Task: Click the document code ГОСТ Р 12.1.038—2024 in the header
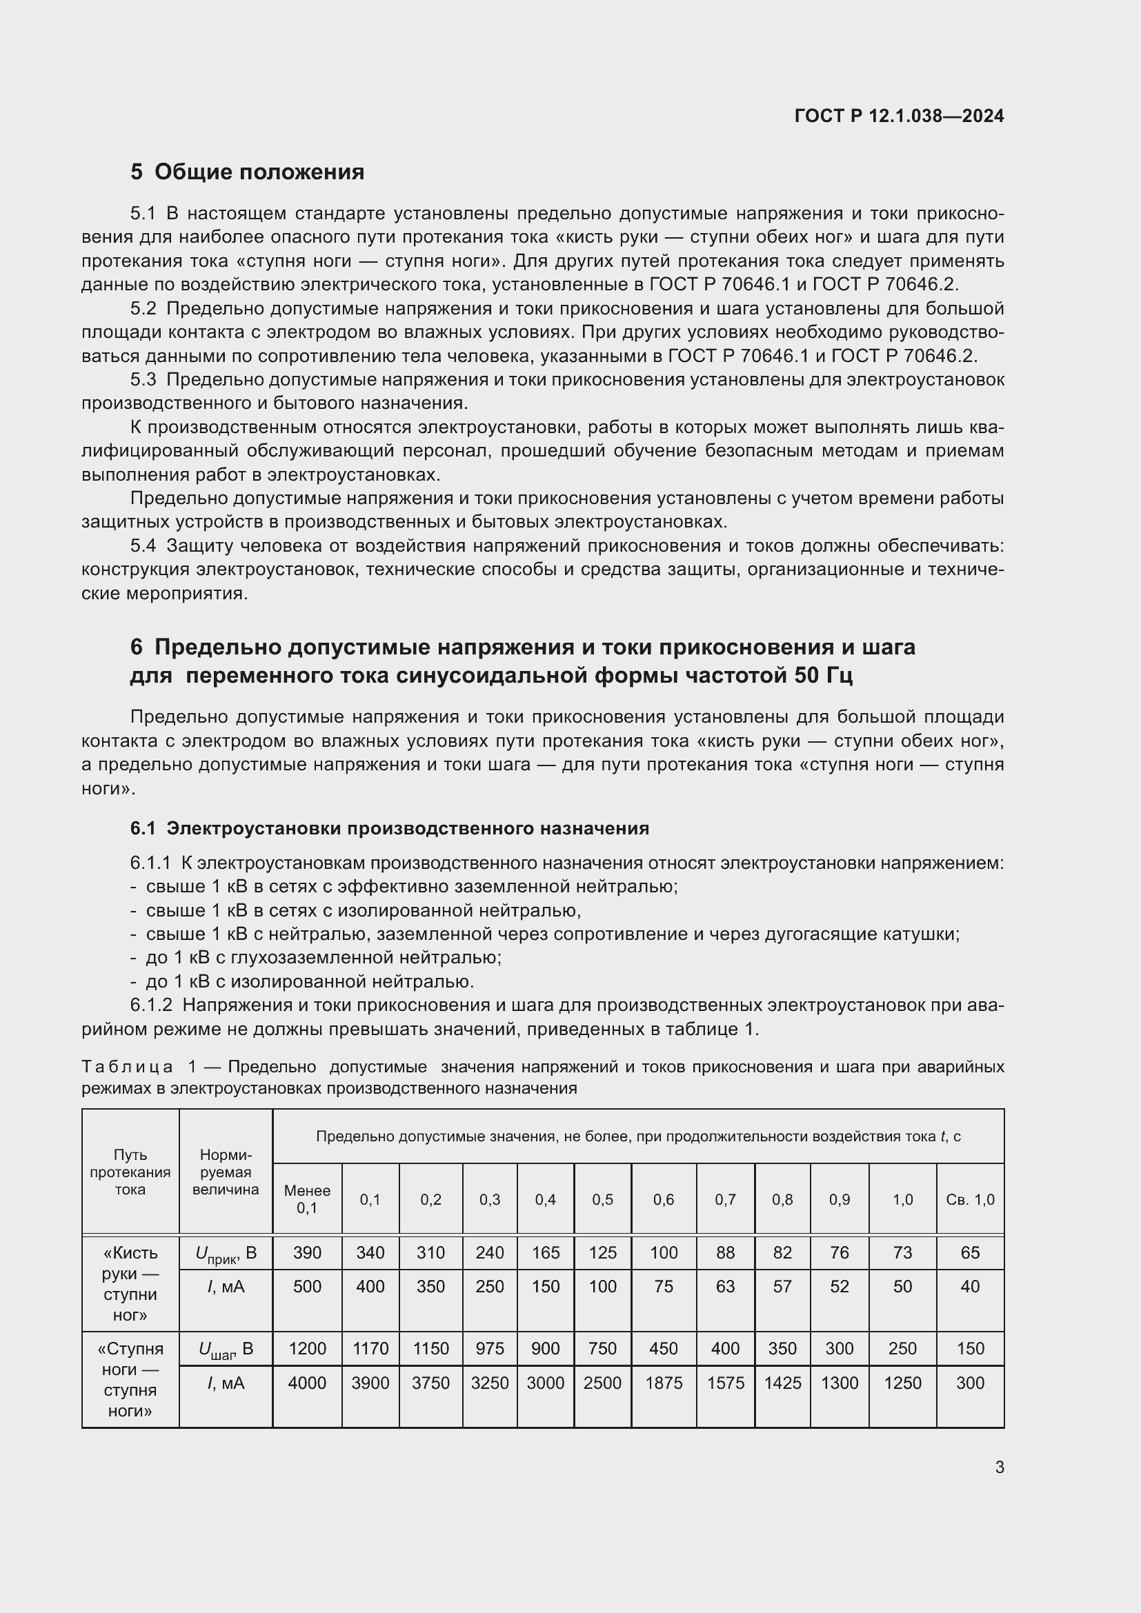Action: click(899, 116)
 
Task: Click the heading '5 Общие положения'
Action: click(248, 172)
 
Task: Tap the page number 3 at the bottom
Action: click(999, 1467)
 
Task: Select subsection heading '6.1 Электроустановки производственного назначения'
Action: click(389, 828)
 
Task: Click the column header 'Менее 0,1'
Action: click(307, 1199)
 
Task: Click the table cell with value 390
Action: click(307, 1252)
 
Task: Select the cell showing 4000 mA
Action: click(307, 1383)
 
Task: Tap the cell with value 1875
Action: click(663, 1383)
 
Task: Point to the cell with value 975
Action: click(490, 1348)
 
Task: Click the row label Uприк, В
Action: click(226, 1253)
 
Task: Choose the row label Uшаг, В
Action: click(226, 1349)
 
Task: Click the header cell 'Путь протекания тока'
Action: click(130, 1172)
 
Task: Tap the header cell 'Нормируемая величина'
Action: click(226, 1172)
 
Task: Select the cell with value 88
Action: click(725, 1252)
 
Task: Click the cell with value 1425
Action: click(782, 1383)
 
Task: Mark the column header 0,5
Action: click(602, 1199)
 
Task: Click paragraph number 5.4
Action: click(143, 546)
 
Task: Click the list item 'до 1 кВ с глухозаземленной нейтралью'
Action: click(323, 958)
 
